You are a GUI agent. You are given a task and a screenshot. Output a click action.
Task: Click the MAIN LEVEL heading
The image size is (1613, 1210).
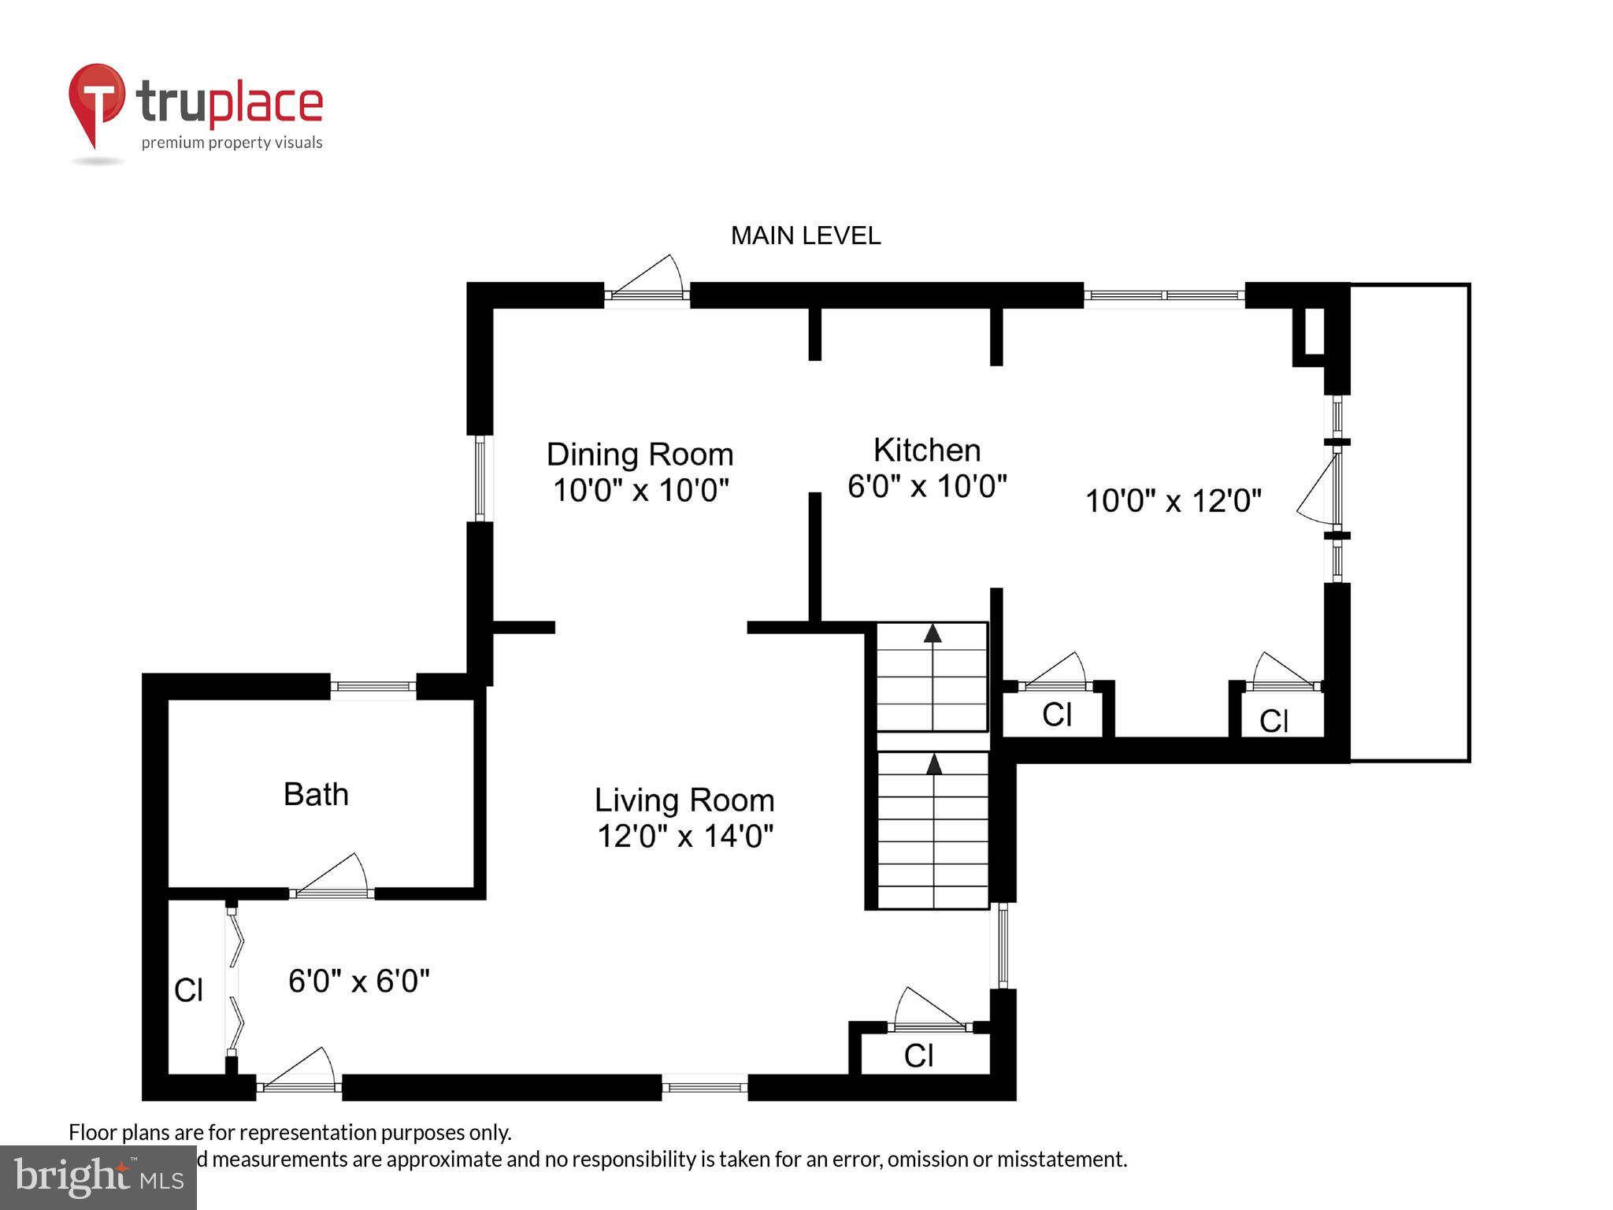[x=805, y=236]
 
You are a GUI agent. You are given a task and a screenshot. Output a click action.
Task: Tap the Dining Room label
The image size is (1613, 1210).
[x=640, y=455]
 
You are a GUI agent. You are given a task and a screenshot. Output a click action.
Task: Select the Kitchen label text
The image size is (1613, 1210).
[x=927, y=451]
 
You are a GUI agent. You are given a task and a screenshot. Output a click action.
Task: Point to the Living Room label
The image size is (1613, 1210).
[x=684, y=800]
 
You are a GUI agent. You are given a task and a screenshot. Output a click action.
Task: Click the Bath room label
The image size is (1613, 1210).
[x=316, y=794]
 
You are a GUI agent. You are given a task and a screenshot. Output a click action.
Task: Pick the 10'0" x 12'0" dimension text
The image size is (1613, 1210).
[x=1173, y=501]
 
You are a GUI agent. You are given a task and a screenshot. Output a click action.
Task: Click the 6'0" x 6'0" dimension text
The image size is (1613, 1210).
[x=359, y=982]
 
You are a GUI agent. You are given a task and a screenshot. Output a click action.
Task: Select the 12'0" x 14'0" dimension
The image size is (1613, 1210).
[x=684, y=836]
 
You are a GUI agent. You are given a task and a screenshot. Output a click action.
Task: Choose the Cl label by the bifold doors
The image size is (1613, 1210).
[x=189, y=990]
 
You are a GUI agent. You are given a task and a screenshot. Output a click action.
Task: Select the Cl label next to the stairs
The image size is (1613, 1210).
[x=1057, y=715]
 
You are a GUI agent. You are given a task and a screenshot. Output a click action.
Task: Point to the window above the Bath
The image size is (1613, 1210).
[x=373, y=687]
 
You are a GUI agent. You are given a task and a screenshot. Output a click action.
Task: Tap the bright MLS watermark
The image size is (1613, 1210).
[x=98, y=1177]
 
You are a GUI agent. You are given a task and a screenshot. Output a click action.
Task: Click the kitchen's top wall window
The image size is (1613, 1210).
[x=1163, y=295]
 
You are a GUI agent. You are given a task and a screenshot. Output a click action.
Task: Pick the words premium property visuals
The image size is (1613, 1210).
[x=232, y=143]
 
